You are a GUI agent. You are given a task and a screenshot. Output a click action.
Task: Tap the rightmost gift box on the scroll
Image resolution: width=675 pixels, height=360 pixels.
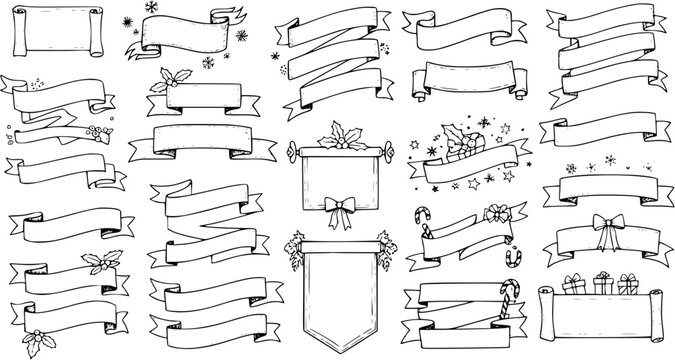(631, 283)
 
